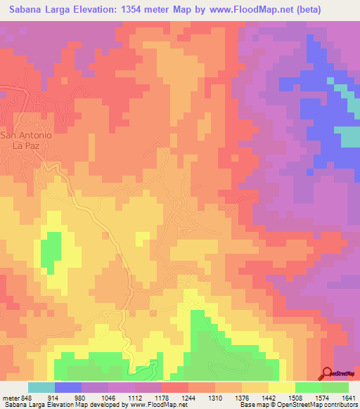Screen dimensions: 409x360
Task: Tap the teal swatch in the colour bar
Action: click(41, 388)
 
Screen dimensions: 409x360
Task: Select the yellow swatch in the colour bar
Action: click(281, 388)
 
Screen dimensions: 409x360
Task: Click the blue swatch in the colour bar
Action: click(67, 388)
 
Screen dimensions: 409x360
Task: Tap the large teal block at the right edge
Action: click(346, 136)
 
